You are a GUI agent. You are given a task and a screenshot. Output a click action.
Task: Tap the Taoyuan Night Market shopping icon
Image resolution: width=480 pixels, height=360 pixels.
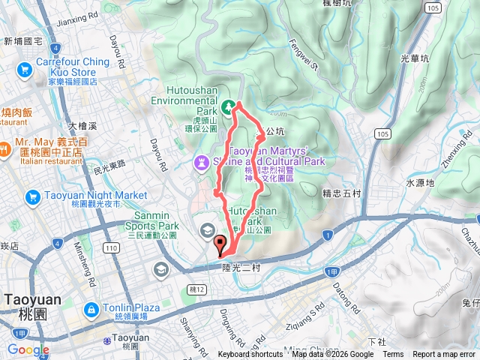(32, 196)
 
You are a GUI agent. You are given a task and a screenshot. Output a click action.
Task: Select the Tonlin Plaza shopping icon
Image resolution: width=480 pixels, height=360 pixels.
(91, 309)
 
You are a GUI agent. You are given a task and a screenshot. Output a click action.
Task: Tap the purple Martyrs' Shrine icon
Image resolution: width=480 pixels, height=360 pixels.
(201, 162)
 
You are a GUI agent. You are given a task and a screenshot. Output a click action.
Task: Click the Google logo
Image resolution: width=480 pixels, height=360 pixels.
(28, 349)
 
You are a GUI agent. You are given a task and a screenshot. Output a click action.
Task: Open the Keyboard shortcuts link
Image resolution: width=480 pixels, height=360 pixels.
(250, 355)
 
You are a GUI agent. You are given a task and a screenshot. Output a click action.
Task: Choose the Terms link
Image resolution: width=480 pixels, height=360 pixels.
(393, 355)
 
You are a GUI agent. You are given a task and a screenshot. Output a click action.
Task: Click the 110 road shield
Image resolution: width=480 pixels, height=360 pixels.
(112, 247)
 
